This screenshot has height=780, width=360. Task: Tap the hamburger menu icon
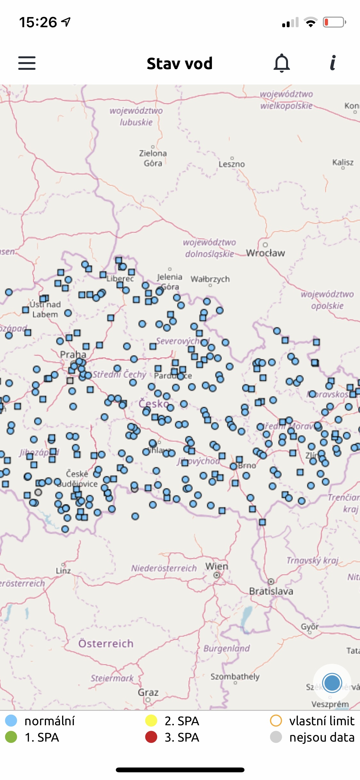coord(27,63)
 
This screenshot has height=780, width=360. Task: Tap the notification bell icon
coord(282,63)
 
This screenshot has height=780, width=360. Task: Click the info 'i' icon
coord(333,63)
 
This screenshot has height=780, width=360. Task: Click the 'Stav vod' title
coord(180,63)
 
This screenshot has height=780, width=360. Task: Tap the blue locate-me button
coord(332,683)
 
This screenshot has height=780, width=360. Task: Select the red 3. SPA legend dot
coord(151,737)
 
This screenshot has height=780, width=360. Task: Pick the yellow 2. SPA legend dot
coord(151,721)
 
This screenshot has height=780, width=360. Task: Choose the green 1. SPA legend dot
coord(11,737)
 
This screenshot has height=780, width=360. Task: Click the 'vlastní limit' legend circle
coord(276,721)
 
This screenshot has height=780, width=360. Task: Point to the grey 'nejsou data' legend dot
coord(276,737)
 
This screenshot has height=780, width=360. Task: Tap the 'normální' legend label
coord(49,721)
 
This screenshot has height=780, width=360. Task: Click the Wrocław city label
coord(265,253)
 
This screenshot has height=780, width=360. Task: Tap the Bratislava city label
coord(271,591)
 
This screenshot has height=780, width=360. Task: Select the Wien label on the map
coord(217,566)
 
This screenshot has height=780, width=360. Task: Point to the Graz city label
coord(148,692)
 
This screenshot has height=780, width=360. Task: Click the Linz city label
coord(63,571)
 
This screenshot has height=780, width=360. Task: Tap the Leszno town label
coord(232,164)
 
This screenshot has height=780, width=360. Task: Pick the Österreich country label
coord(106,643)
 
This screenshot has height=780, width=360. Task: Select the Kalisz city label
coord(343,162)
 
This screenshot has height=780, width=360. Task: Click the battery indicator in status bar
coord(334,22)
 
